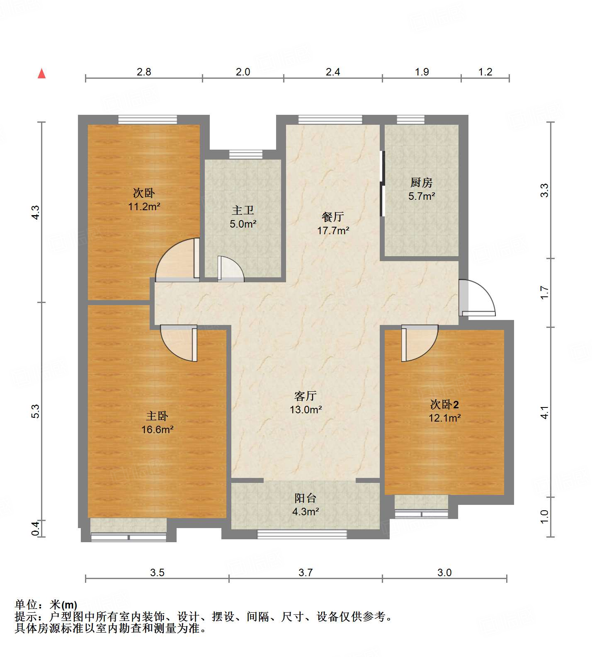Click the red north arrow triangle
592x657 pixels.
click(41, 74)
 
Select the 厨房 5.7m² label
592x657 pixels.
click(421, 189)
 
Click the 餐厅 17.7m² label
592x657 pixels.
click(333, 223)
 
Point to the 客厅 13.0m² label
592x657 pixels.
click(306, 402)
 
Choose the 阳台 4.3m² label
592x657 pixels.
click(306, 505)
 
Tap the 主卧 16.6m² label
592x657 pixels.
click(157, 422)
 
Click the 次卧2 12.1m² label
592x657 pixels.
click(444, 411)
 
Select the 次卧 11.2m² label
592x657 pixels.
click(144, 199)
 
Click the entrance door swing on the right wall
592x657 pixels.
click(478, 298)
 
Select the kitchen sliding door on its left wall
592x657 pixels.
click(382, 184)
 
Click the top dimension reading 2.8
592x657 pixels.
click(144, 72)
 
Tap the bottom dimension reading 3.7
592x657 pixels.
click(306, 572)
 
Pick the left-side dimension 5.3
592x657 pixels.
click(36, 411)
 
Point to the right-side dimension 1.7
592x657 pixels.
click(544, 293)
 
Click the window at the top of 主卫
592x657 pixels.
click(246, 154)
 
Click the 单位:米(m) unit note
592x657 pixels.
click(46, 605)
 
